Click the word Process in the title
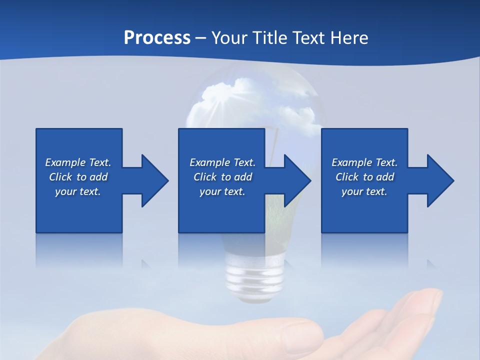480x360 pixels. (x=157, y=38)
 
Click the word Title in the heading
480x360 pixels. (x=268, y=38)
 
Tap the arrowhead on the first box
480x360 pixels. (x=153, y=180)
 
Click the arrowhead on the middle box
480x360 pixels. (x=296, y=180)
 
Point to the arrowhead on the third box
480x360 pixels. (x=439, y=180)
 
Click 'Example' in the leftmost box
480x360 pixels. (x=65, y=162)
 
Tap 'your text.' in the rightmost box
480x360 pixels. (x=364, y=191)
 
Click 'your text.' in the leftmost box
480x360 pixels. (x=78, y=191)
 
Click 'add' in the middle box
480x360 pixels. (x=243, y=177)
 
